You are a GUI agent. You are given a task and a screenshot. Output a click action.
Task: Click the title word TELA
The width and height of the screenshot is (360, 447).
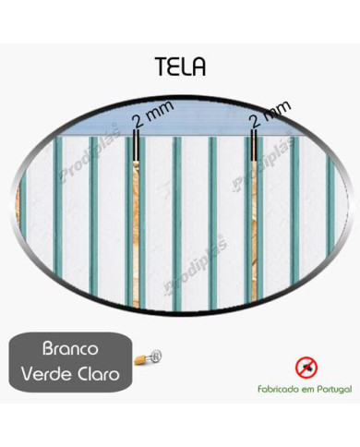pos(181,66)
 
